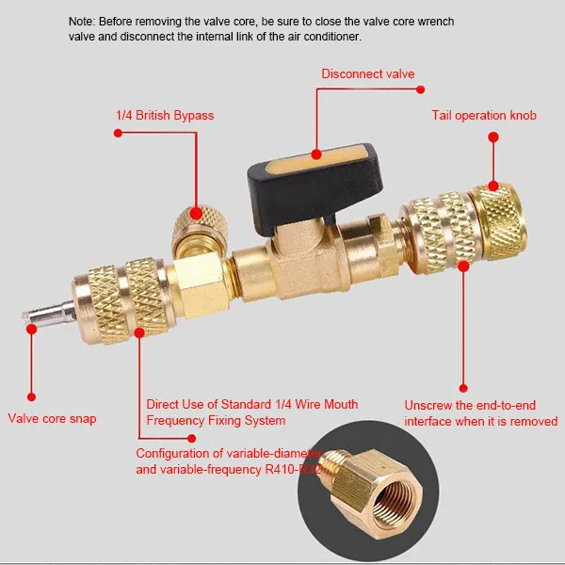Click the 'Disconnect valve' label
(x=367, y=73)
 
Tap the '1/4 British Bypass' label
(x=165, y=115)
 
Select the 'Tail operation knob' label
(x=484, y=115)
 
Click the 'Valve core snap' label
(x=53, y=419)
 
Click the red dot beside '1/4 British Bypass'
(x=118, y=133)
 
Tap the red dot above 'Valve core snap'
(x=30, y=396)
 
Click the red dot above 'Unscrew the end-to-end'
(x=462, y=386)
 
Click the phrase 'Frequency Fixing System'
(x=216, y=420)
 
